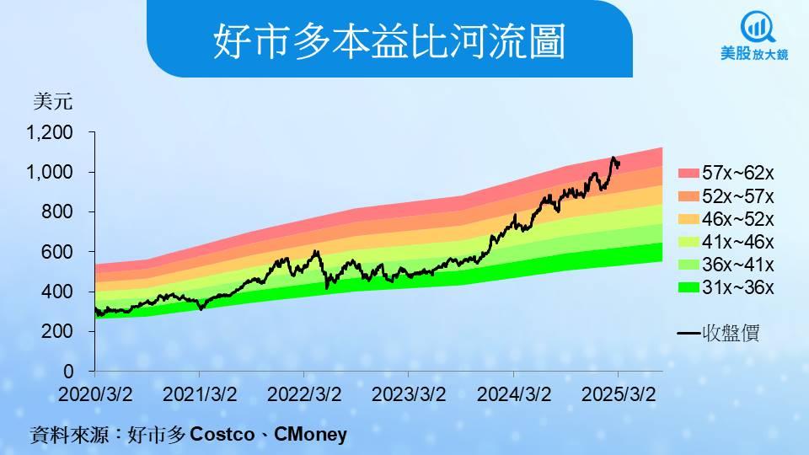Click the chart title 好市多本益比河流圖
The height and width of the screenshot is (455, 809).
pos(389,40)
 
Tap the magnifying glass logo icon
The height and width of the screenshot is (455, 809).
pos(757,28)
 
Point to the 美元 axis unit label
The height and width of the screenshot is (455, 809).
pos(52,101)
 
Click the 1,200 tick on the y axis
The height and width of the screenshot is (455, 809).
pos(50,132)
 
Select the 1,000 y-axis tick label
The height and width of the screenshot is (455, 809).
pos(50,172)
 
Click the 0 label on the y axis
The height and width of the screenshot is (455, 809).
pos(68,371)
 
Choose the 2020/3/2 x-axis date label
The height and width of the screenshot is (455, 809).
pos(95,394)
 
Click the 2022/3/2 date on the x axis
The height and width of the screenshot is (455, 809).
pos(304,394)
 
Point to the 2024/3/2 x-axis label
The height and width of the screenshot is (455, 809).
pos(514,394)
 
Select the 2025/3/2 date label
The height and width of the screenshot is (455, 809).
pos(619,394)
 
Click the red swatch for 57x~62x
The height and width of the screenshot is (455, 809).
pos(688,174)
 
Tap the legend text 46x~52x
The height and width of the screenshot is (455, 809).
pos(738,219)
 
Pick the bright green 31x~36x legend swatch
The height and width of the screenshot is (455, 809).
pos(688,288)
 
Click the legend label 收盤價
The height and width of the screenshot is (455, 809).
pos(731,334)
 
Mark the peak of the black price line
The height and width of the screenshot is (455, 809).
pos(613,157)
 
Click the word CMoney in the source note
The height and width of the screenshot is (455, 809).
pos(310,434)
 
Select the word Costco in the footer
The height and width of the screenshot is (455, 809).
pos(222,434)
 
